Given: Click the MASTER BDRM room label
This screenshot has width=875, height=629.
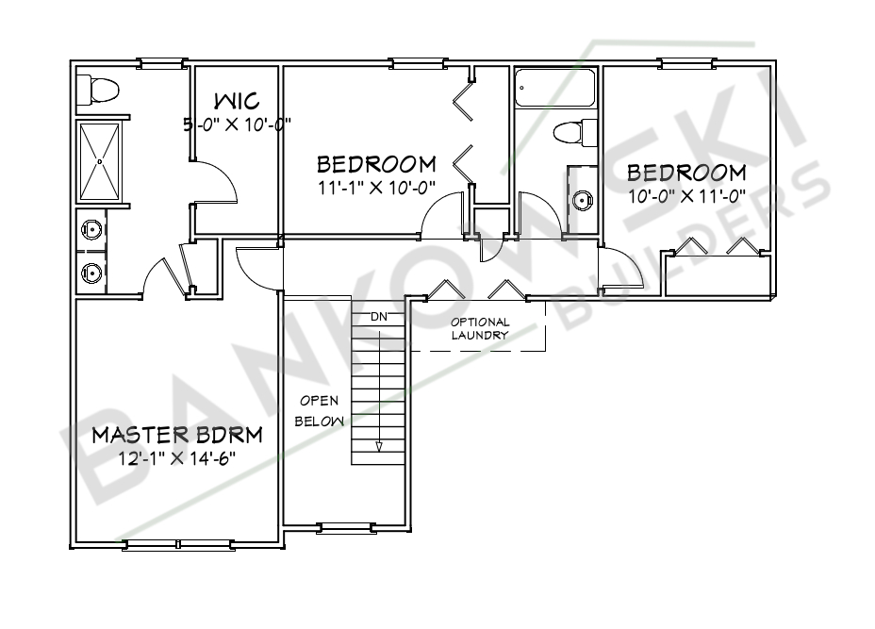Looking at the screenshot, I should tap(176, 435).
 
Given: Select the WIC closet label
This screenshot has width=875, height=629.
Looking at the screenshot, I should tap(236, 101).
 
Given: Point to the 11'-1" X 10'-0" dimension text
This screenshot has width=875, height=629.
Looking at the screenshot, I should tap(376, 187).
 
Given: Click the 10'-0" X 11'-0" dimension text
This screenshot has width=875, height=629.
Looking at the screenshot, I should tap(686, 197).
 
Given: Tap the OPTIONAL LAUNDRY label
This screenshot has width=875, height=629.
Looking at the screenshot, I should tap(479, 328).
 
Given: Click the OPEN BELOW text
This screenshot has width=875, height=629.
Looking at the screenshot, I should tap(319, 411).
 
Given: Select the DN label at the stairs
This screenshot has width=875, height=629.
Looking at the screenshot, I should tap(378, 316).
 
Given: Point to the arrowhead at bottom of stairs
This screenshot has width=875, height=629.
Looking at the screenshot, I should tap(378, 447).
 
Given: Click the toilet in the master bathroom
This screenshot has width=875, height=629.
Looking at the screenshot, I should tap(98, 90).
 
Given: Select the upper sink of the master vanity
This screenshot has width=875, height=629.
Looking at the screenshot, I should tap(91, 228).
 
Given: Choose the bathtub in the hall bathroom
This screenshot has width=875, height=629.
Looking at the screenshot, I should tap(555, 88).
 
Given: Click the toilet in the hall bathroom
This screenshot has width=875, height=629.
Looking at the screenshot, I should tap(575, 131).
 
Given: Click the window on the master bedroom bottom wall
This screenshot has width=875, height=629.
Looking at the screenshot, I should tap(178, 544).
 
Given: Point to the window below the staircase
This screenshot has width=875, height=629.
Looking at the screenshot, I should tap(347, 526).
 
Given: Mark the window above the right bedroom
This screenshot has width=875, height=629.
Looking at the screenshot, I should tap(687, 64).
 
